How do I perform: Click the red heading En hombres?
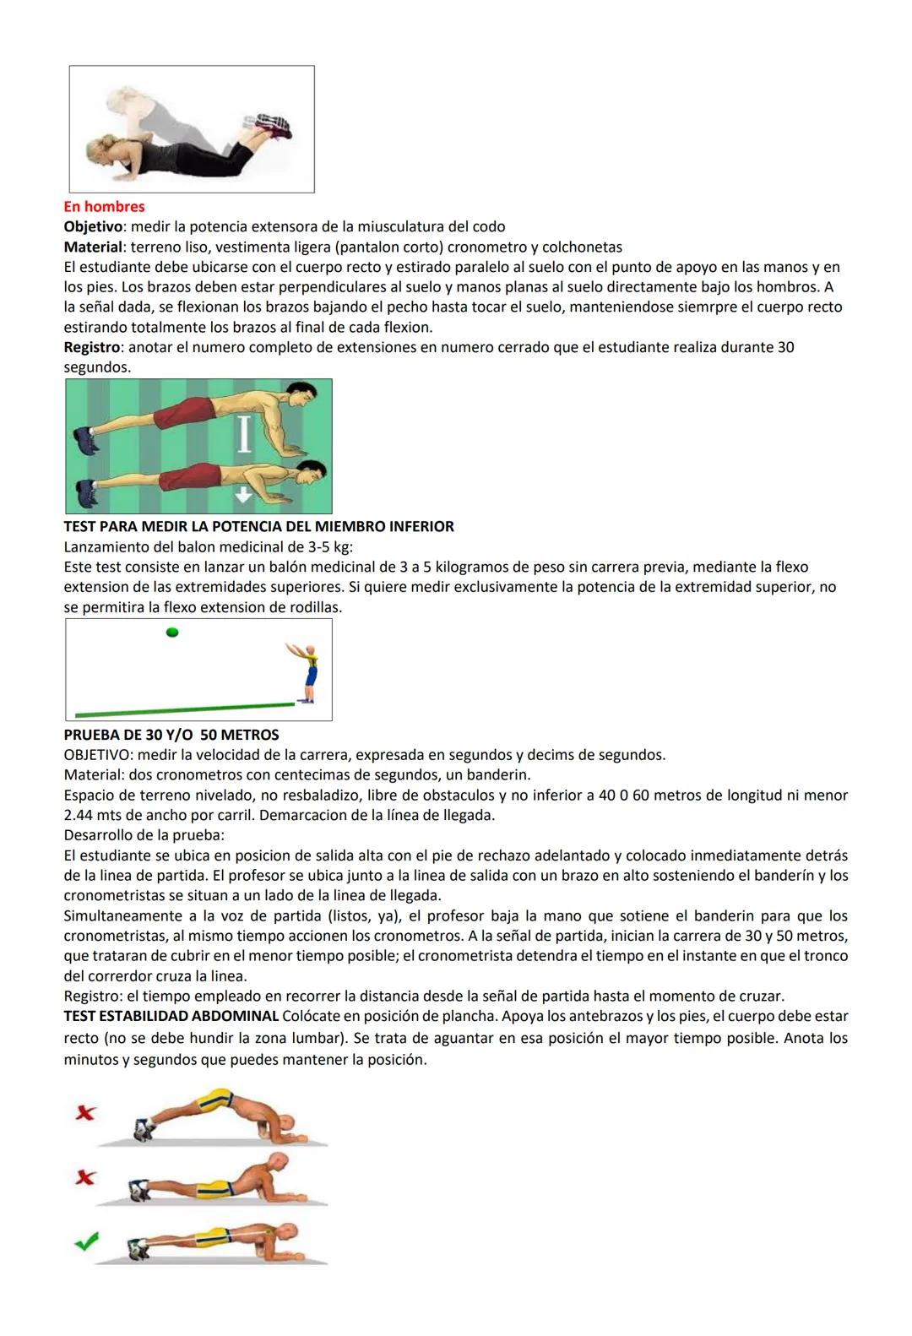[x=104, y=207]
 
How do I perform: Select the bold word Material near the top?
[x=93, y=247]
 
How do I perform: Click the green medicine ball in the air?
[x=172, y=632]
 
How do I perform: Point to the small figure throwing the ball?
[x=310, y=673]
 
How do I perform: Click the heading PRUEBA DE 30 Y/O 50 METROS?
[x=171, y=735]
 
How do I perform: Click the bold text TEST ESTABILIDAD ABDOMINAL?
[x=171, y=1016]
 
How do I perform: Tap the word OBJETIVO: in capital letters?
[x=98, y=755]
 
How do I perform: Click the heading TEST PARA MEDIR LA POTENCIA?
[x=258, y=526]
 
